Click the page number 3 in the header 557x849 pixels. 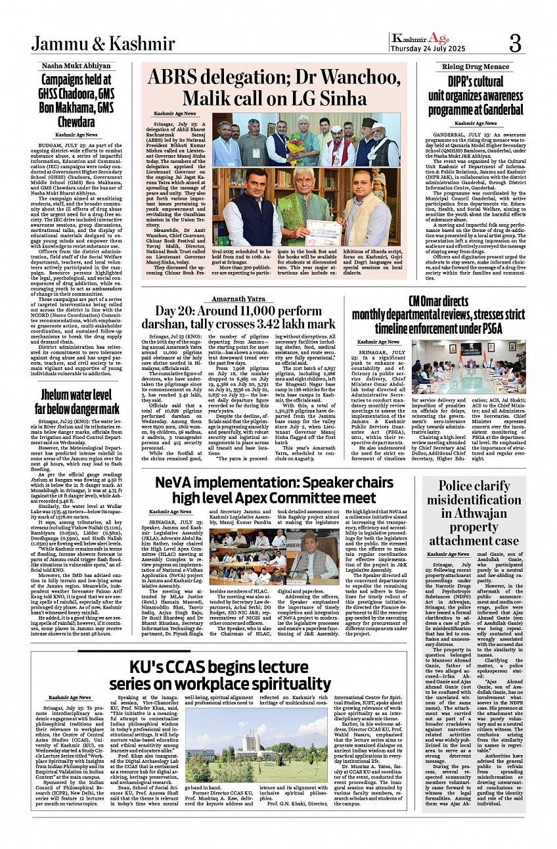coord(515,44)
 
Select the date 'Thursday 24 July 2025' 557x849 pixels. coord(428,48)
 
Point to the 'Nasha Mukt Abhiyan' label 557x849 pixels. coord(76,66)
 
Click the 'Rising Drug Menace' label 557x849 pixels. coord(476,66)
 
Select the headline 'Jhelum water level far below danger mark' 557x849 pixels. coord(76,400)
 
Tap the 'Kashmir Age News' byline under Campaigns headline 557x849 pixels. coord(76,134)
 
